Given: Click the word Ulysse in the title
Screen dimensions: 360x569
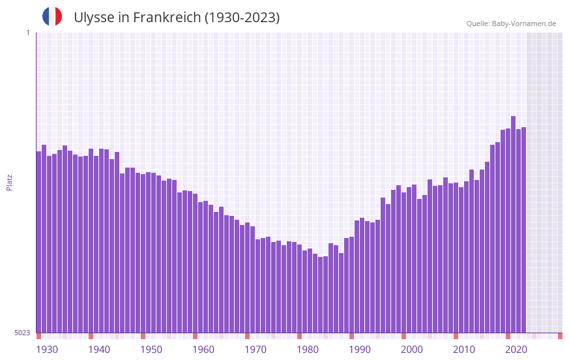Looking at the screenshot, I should (93, 18).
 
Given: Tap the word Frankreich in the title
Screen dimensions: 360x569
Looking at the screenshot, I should (168, 18).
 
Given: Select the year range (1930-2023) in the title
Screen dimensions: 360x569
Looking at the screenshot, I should (242, 18).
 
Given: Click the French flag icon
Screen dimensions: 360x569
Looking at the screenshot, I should (52, 16).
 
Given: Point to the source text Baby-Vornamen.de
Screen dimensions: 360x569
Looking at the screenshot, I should (524, 23).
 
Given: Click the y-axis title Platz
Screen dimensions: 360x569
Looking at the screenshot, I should (9, 182).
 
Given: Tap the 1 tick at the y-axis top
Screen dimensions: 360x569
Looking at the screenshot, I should (27, 33).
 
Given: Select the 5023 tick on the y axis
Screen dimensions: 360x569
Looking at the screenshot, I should (22, 333).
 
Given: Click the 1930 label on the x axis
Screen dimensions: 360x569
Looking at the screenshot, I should (47, 350).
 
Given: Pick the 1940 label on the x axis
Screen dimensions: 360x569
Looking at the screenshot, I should (99, 350).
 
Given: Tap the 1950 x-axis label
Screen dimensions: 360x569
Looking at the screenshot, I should (151, 350).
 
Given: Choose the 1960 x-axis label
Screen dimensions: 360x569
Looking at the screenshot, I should (203, 350).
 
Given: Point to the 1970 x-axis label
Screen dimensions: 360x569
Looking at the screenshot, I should (255, 350).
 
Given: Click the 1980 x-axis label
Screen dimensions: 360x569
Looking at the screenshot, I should (308, 350).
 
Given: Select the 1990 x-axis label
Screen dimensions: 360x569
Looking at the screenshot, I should (360, 350).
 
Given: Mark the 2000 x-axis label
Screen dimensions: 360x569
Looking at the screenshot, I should (412, 350).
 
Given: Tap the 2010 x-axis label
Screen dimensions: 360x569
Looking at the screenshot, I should (464, 350).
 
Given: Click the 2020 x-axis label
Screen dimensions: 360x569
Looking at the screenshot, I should (516, 350).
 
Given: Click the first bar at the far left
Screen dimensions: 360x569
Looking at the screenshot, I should (39, 242).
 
